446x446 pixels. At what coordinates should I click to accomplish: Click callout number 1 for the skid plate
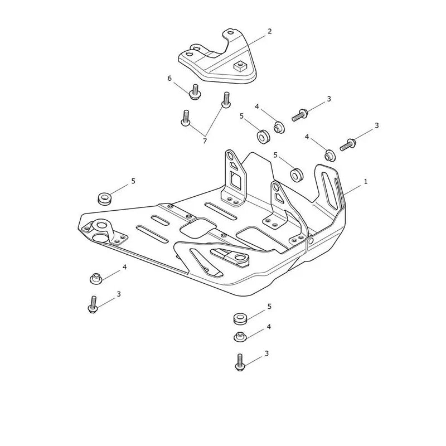366,181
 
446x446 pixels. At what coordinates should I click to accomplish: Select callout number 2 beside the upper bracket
270,31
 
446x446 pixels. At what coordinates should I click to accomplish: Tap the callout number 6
169,78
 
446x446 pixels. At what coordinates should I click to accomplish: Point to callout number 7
205,141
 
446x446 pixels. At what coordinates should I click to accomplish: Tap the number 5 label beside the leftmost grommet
133,181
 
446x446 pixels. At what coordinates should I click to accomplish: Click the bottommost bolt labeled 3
240,362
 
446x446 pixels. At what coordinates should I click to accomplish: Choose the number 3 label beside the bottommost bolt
266,353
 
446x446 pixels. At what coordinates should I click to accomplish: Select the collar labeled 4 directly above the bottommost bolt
240,337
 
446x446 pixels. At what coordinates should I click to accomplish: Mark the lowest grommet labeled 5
240,318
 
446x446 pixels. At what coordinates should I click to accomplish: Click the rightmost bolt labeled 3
347,144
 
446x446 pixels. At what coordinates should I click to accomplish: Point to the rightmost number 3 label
377,125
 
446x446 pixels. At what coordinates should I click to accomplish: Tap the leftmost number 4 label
124,267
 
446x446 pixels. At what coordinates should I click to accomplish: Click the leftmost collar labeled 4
96,278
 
